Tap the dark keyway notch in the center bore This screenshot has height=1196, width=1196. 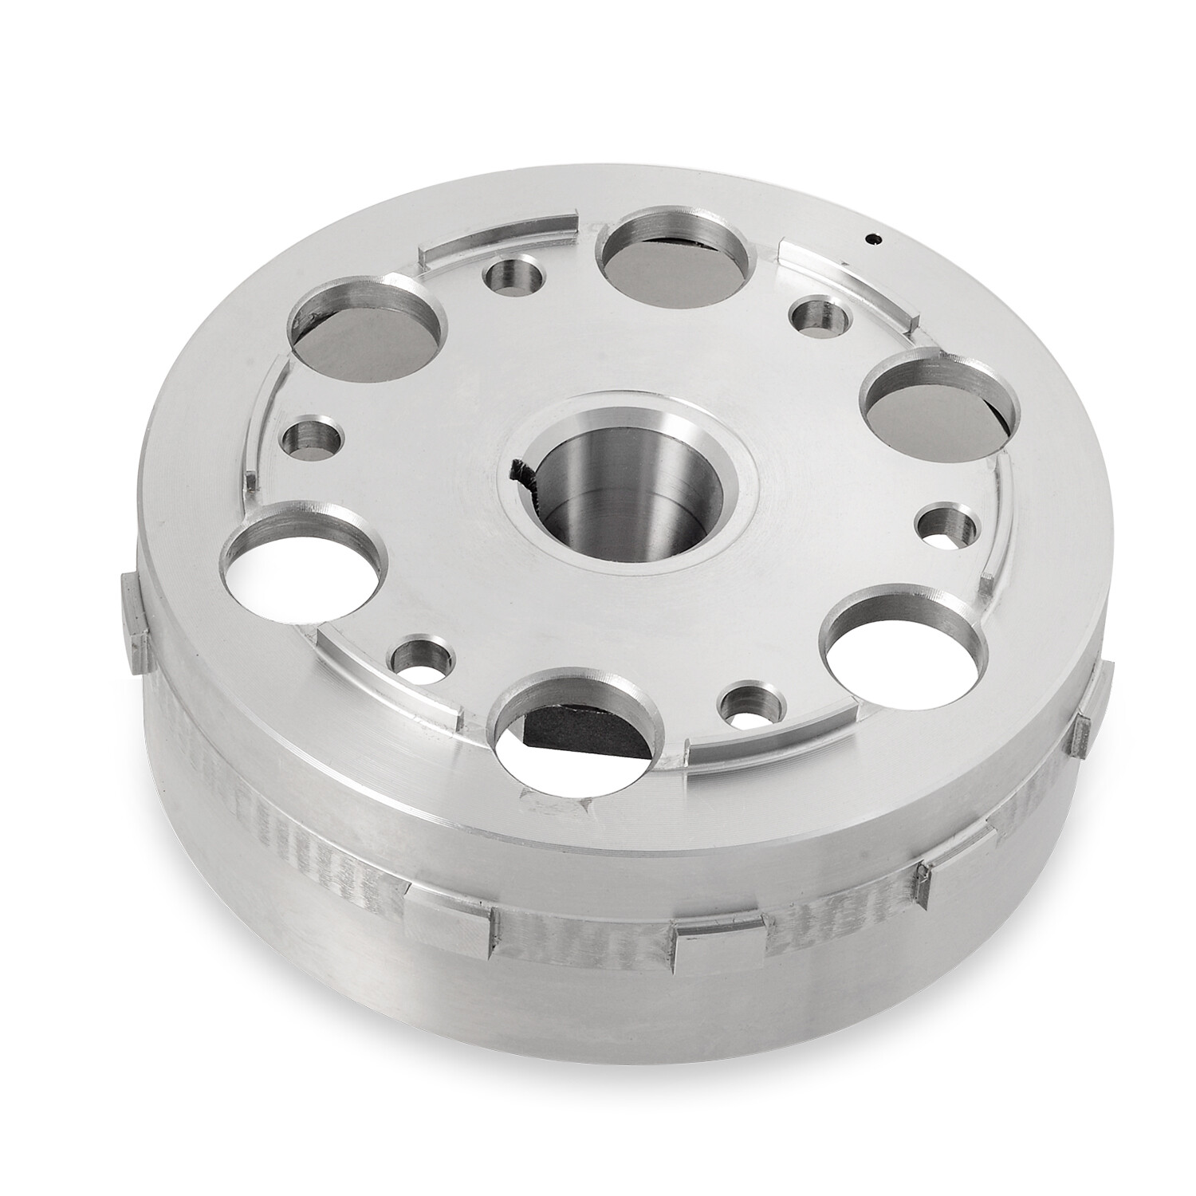pyautogui.click(x=522, y=482)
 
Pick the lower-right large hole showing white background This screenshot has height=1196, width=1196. pyautogui.click(x=886, y=646)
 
